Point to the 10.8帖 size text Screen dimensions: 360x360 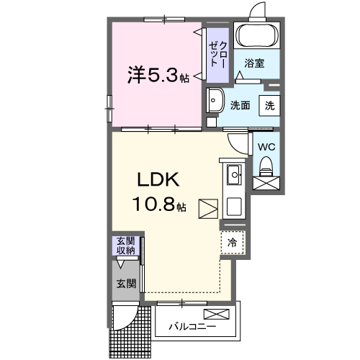(x=159, y=206)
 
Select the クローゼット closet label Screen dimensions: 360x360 (x=217, y=55)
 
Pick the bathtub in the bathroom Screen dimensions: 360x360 (x=258, y=36)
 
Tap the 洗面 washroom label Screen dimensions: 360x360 (x=240, y=104)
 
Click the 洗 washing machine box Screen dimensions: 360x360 (x=269, y=104)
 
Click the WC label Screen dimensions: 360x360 (x=266, y=146)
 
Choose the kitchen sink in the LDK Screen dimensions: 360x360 (x=234, y=175)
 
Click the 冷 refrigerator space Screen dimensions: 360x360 (x=233, y=243)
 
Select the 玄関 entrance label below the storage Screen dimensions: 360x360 (x=127, y=284)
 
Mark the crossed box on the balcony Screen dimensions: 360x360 (x=217, y=313)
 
